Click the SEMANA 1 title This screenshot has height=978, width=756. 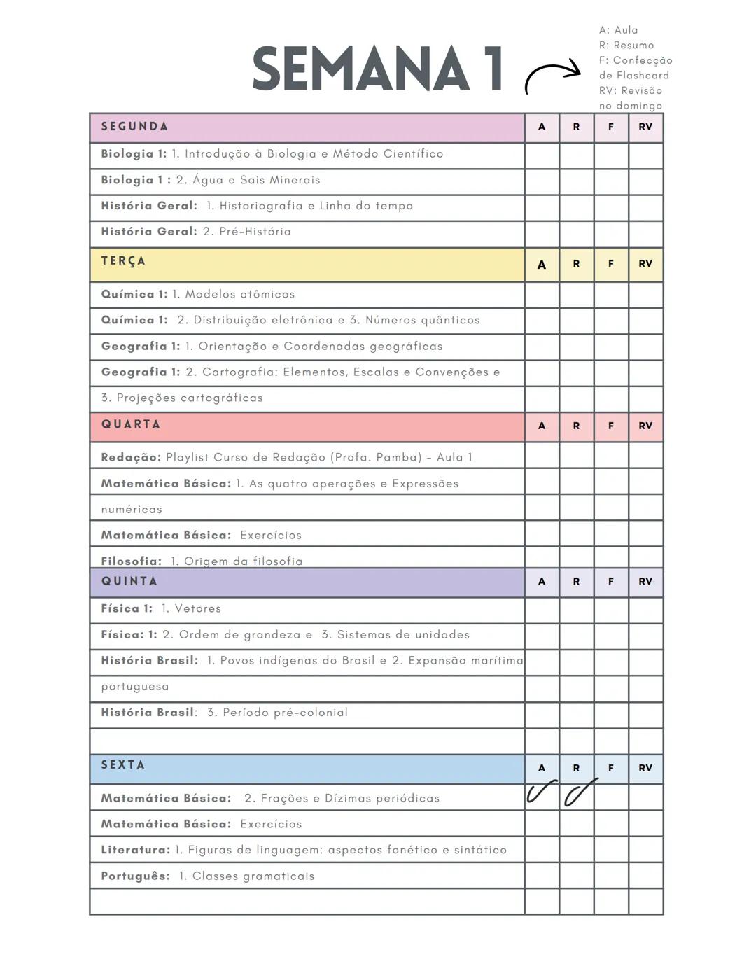377,69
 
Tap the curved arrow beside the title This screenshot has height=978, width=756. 552,76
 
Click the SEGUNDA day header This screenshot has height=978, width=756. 134,127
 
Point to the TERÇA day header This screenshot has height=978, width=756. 123,261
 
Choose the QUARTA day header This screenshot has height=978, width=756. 131,424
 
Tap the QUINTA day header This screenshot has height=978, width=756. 129,581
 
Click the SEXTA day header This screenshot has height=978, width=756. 123,764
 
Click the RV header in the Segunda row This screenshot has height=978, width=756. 645,127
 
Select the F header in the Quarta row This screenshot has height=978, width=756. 611,426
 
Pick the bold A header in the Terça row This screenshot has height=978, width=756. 542,265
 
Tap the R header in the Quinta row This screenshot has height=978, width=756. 576,581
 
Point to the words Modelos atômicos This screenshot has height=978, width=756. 240,294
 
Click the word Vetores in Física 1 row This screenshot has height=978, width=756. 198,608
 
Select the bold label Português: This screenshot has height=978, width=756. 135,876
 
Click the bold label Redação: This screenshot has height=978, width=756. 131,457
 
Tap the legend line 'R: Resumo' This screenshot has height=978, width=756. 626,45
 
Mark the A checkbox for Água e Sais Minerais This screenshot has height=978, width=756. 542,181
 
